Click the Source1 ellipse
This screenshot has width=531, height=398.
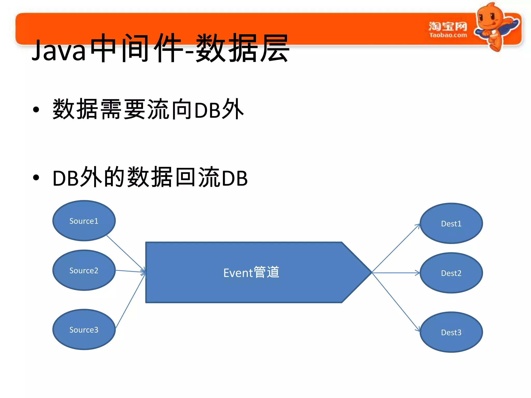[84, 221]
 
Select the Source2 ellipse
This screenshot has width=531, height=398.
[84, 270]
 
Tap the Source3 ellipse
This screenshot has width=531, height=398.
[84, 330]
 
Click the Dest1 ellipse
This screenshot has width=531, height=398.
[451, 223]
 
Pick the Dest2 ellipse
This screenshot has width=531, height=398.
[451, 273]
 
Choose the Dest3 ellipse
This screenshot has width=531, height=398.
[451, 332]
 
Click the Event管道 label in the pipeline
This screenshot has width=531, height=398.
[251, 272]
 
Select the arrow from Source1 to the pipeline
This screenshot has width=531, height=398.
[126, 253]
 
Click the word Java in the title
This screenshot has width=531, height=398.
[59, 51]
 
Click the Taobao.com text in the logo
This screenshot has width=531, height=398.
[448, 35]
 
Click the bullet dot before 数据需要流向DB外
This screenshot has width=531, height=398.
[36, 110]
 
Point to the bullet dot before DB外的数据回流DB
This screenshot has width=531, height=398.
[36, 178]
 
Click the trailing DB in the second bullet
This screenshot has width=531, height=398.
[235, 178]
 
